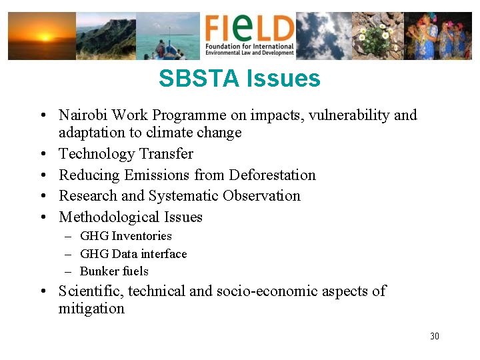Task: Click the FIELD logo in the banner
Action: tap(249, 36)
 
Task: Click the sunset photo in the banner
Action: tap(41, 36)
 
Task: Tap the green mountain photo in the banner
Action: tap(105, 36)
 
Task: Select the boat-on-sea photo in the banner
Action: tap(168, 36)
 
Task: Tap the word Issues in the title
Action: tap(283, 79)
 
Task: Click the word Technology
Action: tap(97, 154)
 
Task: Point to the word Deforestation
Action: tap(272, 175)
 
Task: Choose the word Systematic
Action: tap(183, 196)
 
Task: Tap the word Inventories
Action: tap(141, 236)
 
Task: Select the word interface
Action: tap(164, 254)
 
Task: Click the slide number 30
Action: tap(435, 336)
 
